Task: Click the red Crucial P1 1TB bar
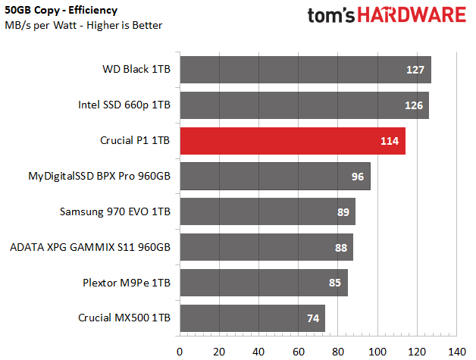293,141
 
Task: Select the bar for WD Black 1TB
305,70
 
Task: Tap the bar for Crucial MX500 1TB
252,318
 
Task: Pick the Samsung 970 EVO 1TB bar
268,211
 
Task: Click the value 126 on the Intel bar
414,105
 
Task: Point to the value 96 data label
358,177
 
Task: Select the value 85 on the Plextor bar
335,283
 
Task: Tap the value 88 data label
341,248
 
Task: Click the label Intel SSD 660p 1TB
124,105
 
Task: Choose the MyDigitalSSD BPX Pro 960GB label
99,177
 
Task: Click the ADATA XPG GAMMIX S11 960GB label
90,247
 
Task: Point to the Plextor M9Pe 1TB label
127,283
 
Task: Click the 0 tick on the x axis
180,352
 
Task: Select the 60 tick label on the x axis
299,352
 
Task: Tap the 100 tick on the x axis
377,352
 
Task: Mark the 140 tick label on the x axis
457,352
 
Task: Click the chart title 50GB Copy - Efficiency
61,11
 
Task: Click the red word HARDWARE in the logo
412,15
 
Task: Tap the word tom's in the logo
331,16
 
